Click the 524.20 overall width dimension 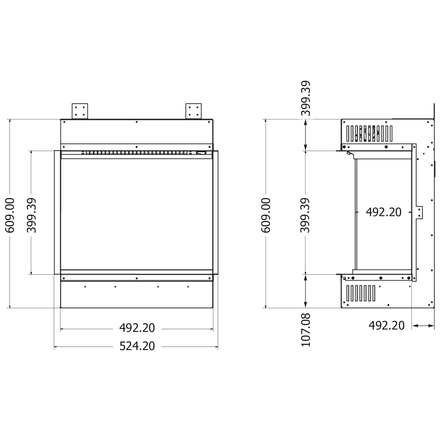point(137,346)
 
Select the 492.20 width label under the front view point(137,328)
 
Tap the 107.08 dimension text point(306,330)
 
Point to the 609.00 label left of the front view point(10,215)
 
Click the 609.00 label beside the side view point(266,215)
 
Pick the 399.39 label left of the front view point(31,215)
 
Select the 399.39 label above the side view point(306,98)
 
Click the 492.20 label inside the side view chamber point(383,212)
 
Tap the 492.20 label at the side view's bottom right point(386,325)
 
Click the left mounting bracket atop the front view point(80,111)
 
